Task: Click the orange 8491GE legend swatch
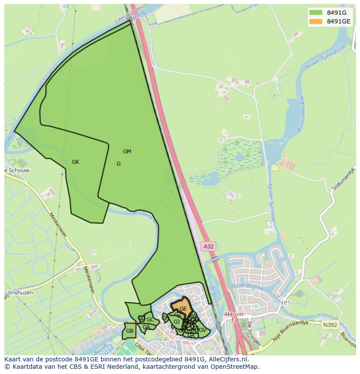coord(316,21)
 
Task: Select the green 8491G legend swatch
coord(316,12)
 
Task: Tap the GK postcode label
coord(76,162)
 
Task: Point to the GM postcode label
coord(127,152)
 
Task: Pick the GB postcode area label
coord(130,331)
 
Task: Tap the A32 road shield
coord(209,246)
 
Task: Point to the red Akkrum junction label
coord(232,314)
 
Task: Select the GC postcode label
coord(150,320)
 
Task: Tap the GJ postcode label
coord(177,322)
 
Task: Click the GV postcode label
coord(202,330)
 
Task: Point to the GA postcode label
coord(146,327)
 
